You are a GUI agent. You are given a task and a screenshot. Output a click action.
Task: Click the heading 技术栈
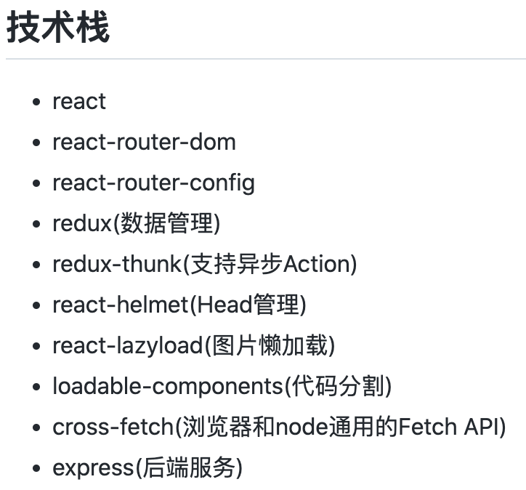pos(58,28)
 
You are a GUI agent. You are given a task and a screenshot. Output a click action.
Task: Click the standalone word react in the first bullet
pos(79,101)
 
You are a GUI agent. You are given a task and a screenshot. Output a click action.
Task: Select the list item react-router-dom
pos(144,142)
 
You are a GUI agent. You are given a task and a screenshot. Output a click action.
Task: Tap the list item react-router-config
pos(153,182)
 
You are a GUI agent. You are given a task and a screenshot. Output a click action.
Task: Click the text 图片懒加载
pos(270,345)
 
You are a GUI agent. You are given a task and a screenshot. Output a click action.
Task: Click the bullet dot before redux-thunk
pos(36,265)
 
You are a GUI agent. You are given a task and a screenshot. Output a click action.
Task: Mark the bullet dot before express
pos(36,468)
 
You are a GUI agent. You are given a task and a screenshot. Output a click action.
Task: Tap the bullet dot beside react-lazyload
pos(36,346)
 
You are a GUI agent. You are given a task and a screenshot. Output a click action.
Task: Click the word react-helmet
pos(121,305)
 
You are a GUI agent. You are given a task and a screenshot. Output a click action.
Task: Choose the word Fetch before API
pos(428,427)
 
